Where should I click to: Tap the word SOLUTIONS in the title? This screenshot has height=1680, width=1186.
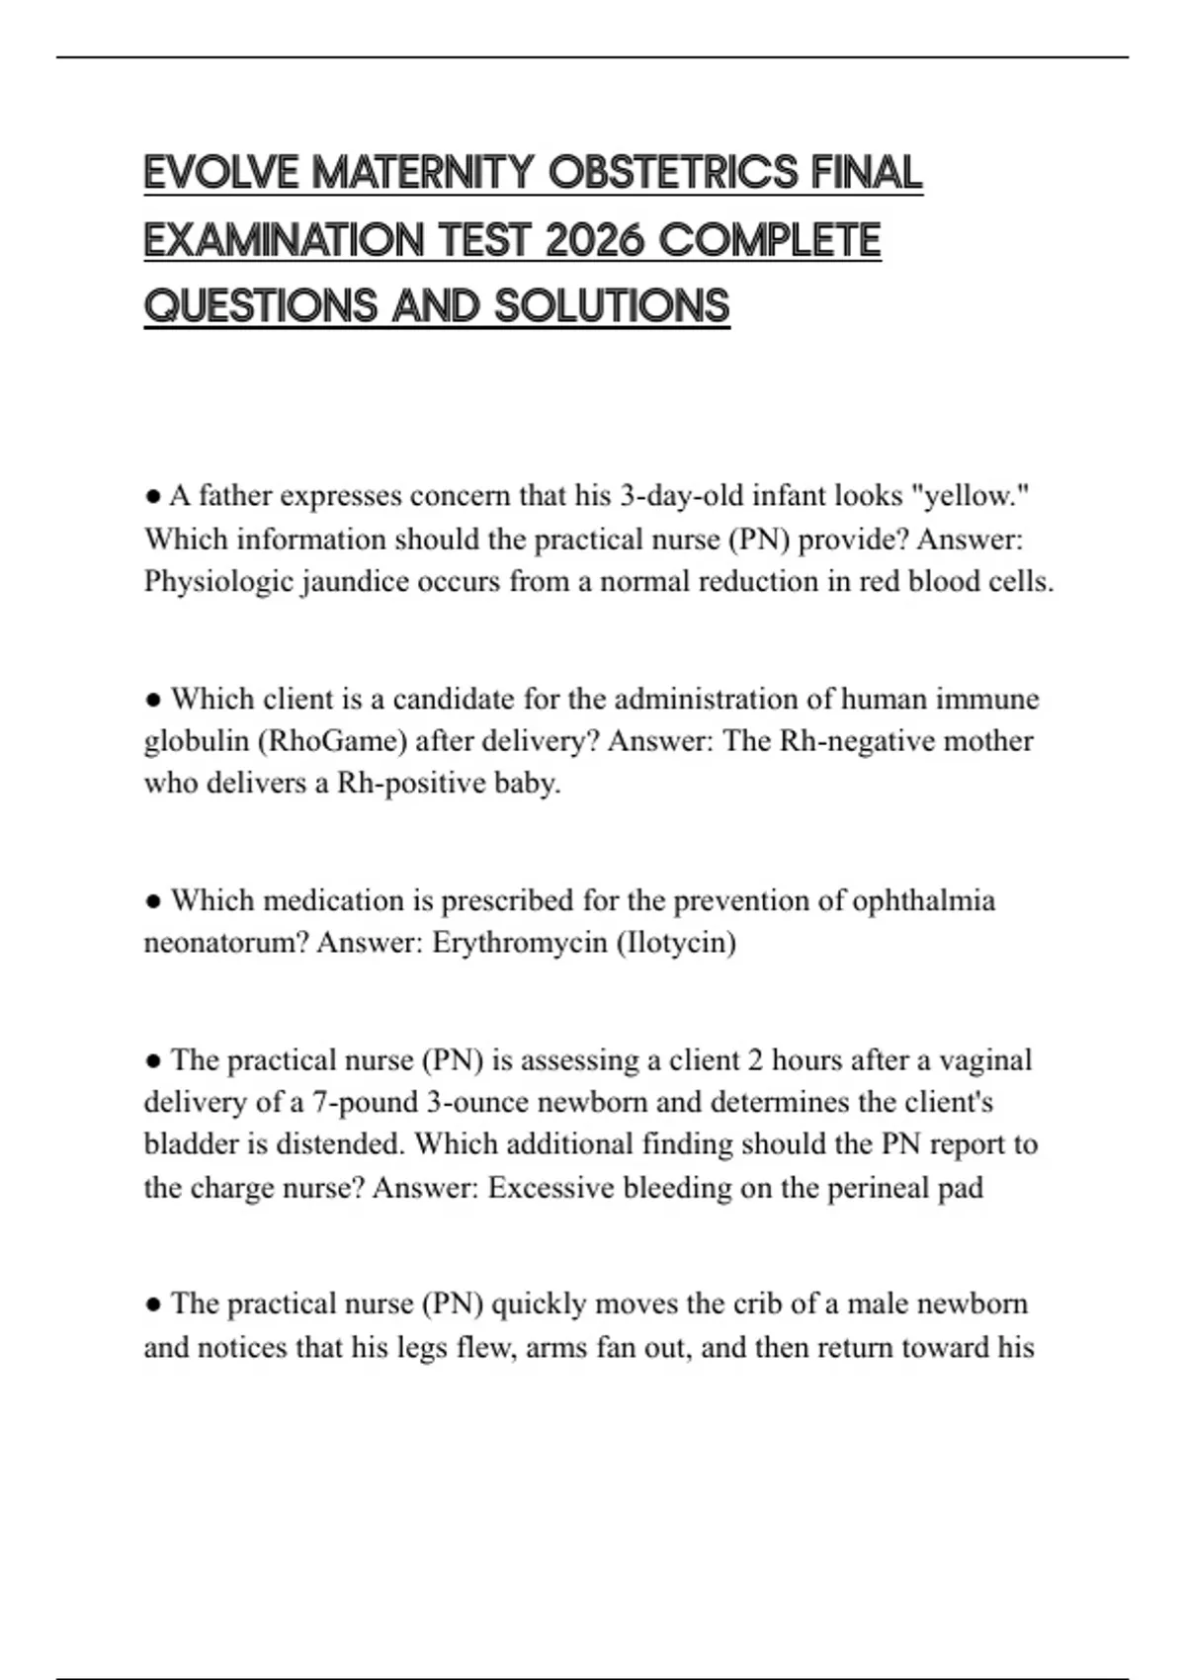click(612, 306)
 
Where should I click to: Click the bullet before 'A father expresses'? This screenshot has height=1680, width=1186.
click(152, 495)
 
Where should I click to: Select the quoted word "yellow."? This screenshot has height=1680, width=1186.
click(974, 495)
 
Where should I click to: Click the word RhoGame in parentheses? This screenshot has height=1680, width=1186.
click(317, 741)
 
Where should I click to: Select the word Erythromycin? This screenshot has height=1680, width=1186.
click(520, 943)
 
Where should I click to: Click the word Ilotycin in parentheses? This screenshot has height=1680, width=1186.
click(677, 943)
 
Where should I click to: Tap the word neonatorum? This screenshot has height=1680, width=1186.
click(226, 943)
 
